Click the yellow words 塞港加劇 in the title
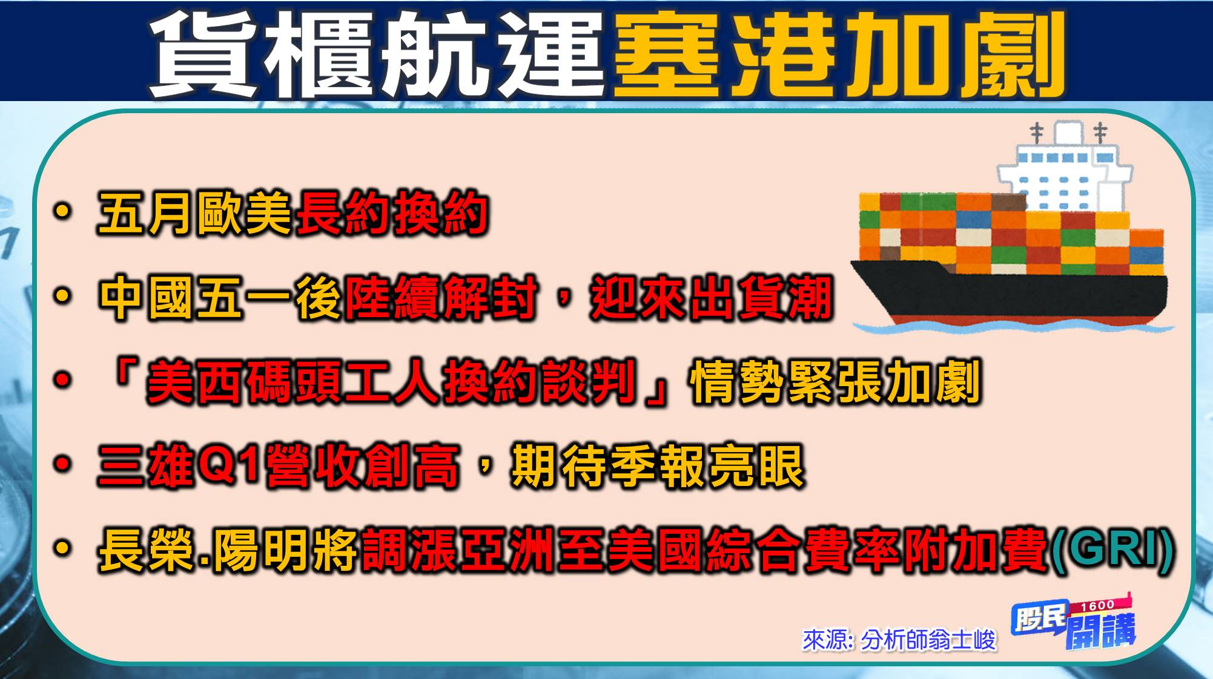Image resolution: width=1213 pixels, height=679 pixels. pos(839,54)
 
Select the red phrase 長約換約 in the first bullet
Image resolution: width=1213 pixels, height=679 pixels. pos(391,213)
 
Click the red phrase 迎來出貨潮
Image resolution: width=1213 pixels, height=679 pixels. pos(712,298)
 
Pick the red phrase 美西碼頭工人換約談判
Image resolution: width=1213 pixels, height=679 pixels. pos(391,382)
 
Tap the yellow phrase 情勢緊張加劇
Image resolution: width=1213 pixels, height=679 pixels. pos(835,382)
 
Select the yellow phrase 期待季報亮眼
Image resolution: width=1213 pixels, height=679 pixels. pos(657,467)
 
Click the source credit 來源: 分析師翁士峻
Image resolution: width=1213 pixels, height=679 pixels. pos(899,640)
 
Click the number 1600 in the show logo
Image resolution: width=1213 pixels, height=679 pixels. pos(1097,605)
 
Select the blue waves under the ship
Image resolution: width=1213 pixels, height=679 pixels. pos(1011,327)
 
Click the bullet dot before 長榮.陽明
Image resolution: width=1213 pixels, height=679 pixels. pos(62,549)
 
